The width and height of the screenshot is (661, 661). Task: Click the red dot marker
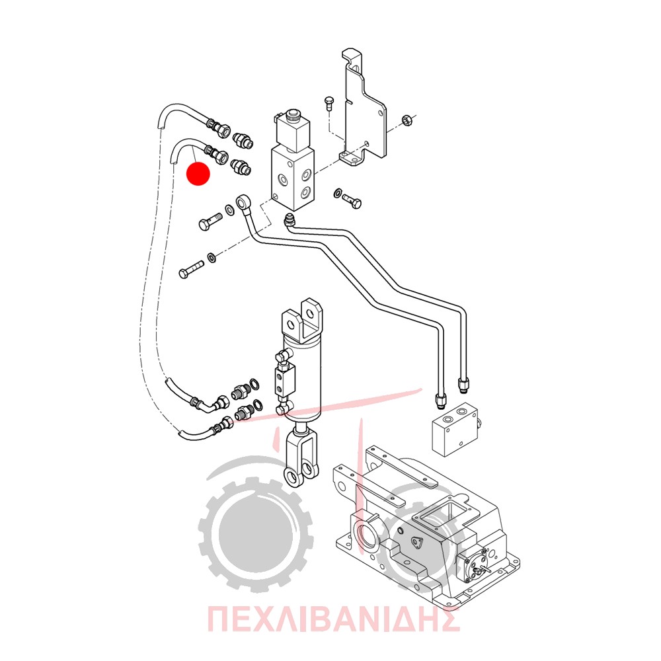click(x=198, y=173)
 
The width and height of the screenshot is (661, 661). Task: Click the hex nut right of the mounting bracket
click(x=407, y=120)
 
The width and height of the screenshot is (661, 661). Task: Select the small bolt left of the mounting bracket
click(x=329, y=103)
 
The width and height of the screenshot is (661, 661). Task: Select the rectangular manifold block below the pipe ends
click(x=455, y=430)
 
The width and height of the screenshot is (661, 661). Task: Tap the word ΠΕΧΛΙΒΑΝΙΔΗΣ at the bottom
click(x=333, y=619)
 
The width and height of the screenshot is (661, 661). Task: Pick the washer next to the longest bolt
click(x=212, y=256)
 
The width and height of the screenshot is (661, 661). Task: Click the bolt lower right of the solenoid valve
click(x=352, y=201)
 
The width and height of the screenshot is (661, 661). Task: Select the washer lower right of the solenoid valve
click(x=338, y=194)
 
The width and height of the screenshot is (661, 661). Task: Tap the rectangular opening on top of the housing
click(x=444, y=514)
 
